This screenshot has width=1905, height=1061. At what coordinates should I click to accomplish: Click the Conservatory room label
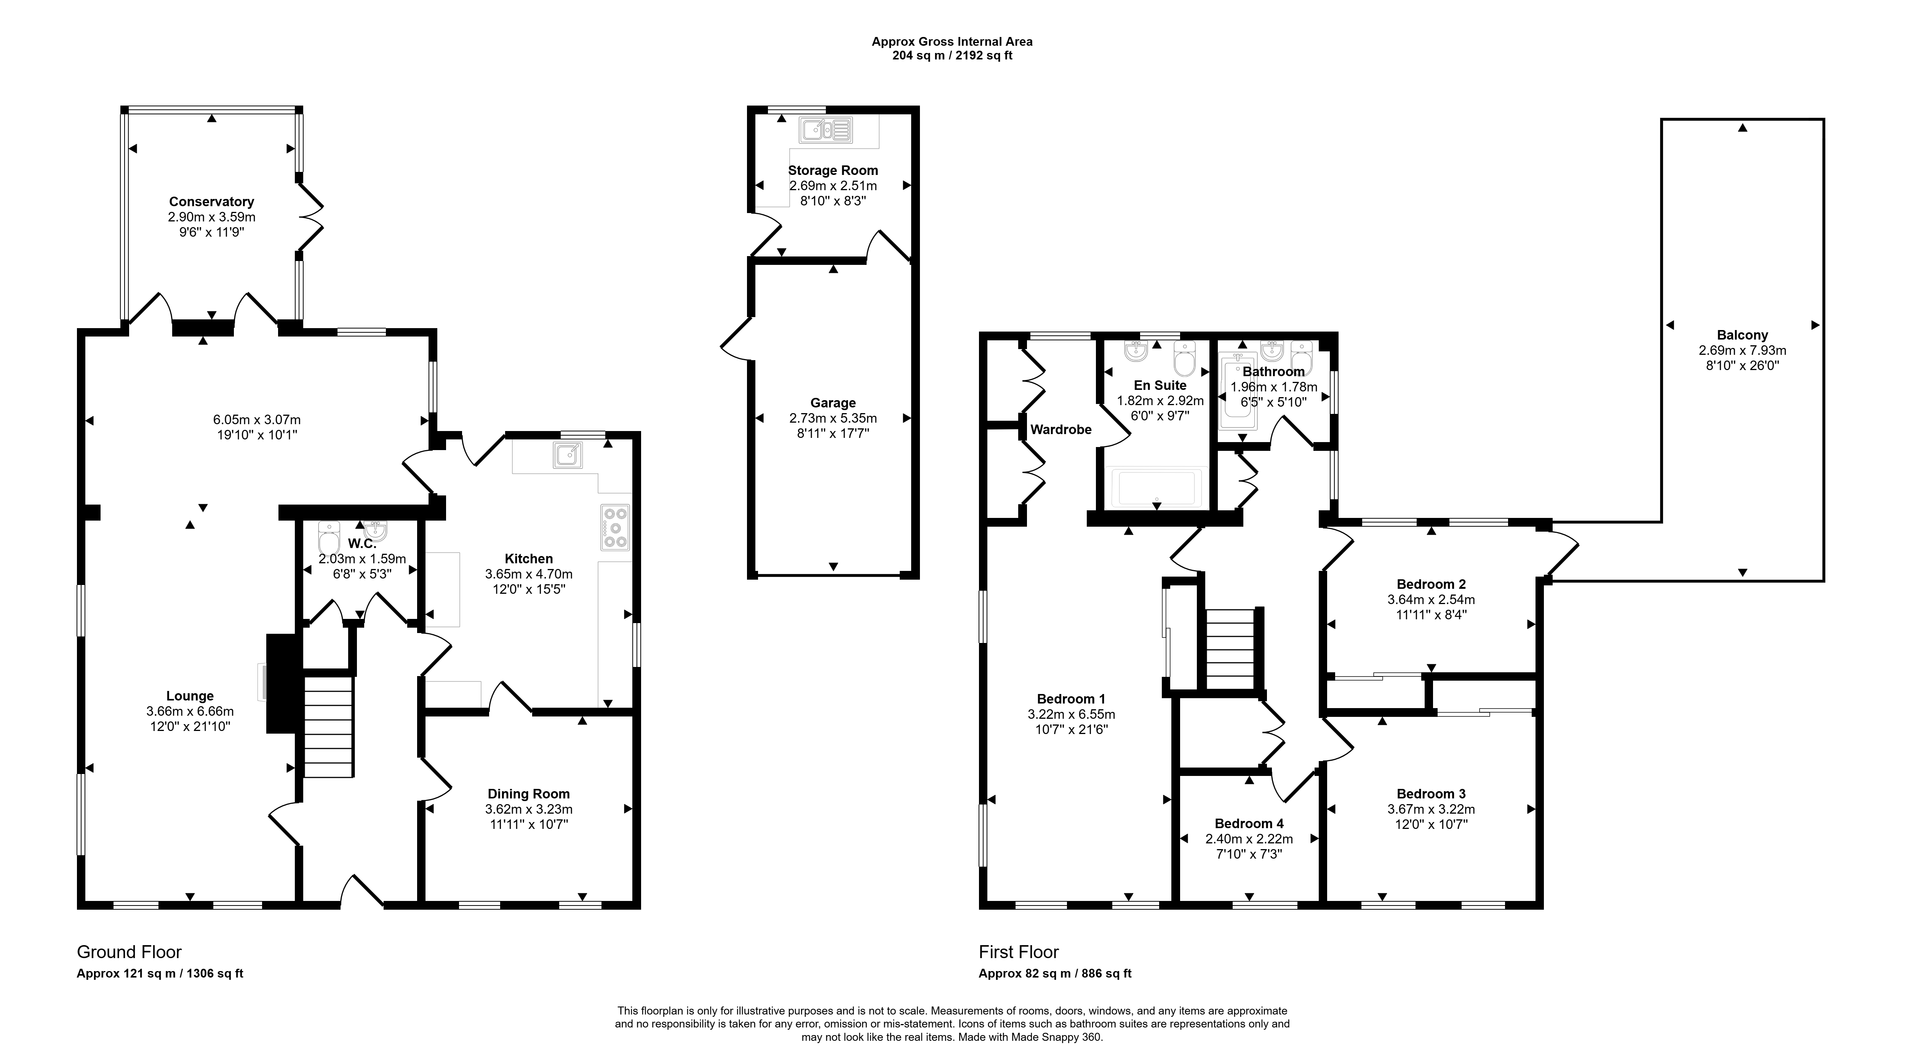[x=211, y=201]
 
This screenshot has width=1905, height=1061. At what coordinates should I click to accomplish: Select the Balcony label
[x=1742, y=335]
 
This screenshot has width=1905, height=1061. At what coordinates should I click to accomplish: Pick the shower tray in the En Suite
[x=1157, y=488]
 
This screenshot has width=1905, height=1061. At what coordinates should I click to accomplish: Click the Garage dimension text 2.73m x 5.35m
[x=833, y=418]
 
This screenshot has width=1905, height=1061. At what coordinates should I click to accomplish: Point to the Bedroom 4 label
[x=1249, y=824]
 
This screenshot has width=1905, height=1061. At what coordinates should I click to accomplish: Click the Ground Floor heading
[x=130, y=952]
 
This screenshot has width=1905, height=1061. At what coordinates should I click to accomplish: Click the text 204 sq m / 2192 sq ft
[x=952, y=56]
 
